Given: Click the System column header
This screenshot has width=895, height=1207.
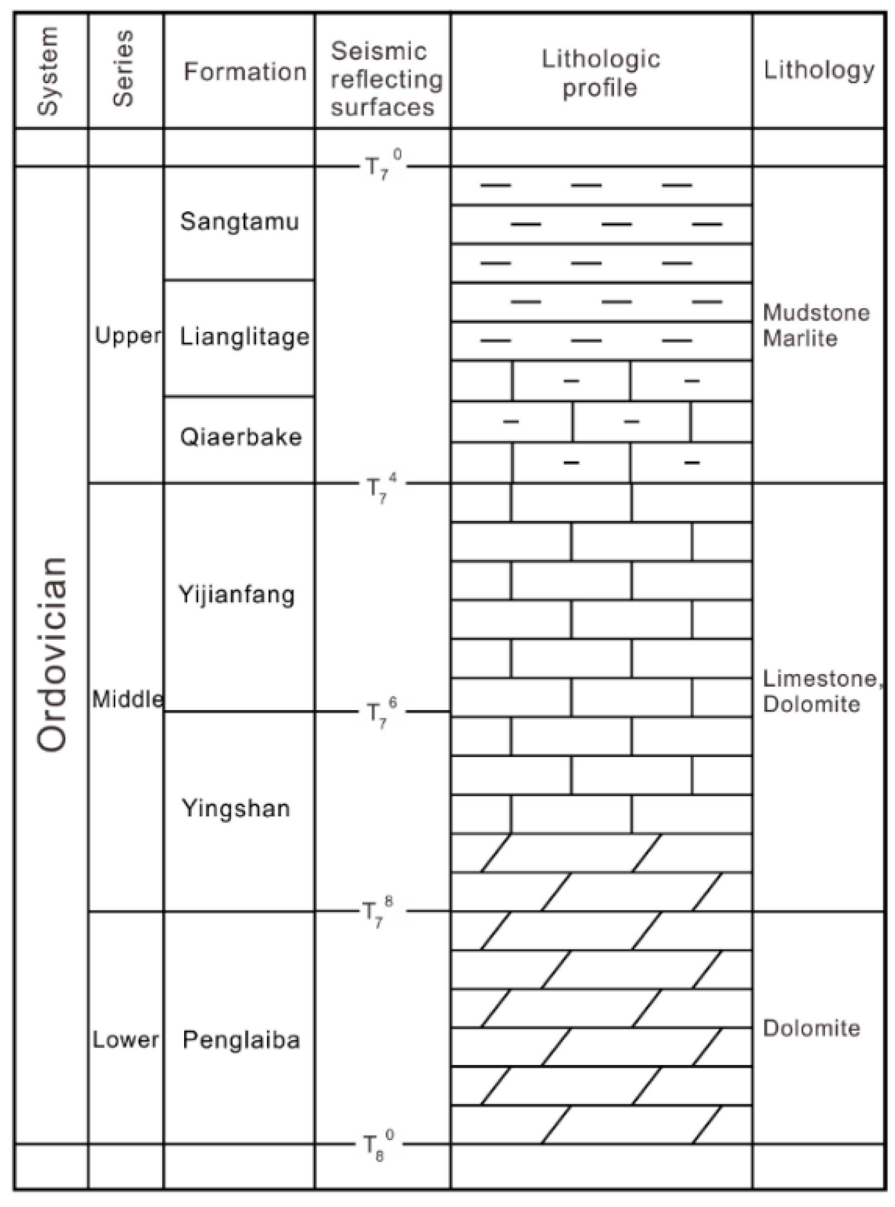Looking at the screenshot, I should (49, 71).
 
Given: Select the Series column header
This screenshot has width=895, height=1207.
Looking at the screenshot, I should (124, 69).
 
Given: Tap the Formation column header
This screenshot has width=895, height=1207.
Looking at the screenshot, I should (245, 71).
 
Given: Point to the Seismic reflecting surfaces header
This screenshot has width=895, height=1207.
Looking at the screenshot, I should (386, 79).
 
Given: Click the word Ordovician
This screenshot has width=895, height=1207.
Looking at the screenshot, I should (52, 654).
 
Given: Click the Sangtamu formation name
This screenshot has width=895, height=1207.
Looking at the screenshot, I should (239, 222).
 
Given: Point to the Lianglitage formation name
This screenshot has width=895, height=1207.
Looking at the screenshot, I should (244, 337).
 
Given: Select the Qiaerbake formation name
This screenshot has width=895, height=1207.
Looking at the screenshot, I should (241, 437).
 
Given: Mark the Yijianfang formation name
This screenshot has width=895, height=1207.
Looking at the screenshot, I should (237, 595).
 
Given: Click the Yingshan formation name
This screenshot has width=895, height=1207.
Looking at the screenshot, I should (236, 808).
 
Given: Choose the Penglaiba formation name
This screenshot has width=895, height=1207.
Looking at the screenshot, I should (241, 1040).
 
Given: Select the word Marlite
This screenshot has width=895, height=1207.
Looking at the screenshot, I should (800, 338).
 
